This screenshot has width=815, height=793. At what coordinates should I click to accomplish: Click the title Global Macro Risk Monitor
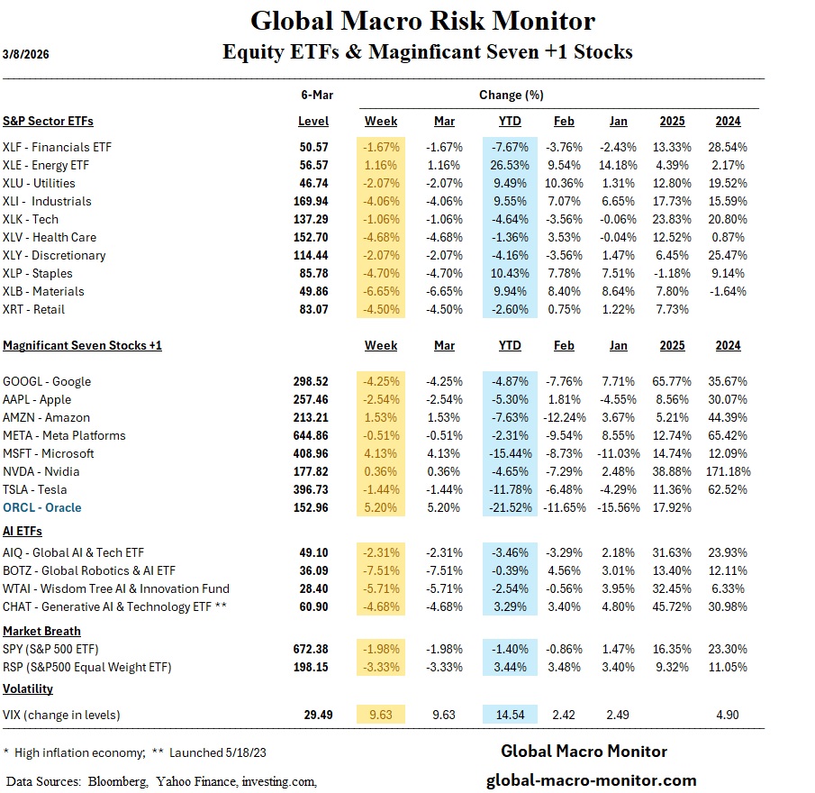tap(422, 20)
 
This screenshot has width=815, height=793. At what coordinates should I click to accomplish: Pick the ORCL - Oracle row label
tap(42, 507)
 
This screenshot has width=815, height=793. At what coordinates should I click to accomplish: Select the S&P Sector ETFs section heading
tap(48, 120)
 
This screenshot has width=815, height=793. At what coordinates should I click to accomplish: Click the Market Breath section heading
tap(41, 631)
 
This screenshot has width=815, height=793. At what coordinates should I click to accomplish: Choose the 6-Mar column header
tap(313, 95)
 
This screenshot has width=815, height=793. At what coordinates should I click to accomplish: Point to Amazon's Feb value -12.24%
tap(564, 417)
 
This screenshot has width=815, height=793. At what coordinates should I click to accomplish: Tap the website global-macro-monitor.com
tap(591, 780)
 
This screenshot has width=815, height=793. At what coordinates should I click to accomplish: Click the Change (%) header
tap(511, 95)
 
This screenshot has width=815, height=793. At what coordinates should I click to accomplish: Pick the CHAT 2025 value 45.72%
tap(673, 606)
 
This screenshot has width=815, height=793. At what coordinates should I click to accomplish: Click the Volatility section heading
tap(28, 688)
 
